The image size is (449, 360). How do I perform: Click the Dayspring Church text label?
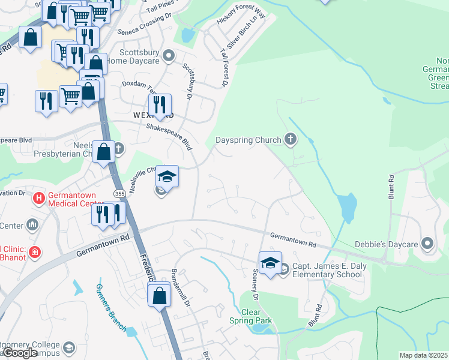point(248,140)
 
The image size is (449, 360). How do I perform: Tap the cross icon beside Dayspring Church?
point(291,140)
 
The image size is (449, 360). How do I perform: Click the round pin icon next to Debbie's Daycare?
point(427,243)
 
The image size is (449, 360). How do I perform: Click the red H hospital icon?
point(39,197)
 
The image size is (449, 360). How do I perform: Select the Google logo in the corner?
point(20,353)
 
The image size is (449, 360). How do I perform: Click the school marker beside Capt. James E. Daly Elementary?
point(270,263)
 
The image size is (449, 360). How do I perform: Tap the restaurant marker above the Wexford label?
point(160,104)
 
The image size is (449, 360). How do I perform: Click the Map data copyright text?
point(423,355)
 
